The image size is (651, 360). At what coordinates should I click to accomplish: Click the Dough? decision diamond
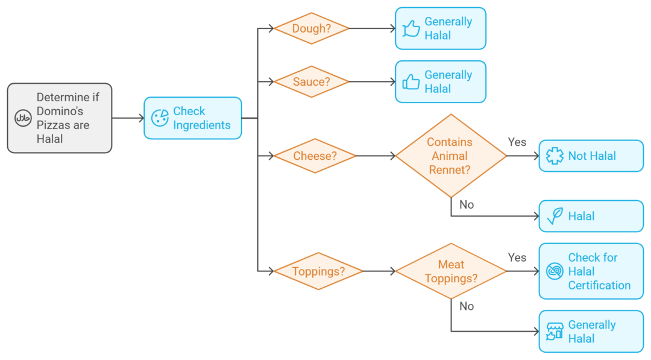coord(312,28)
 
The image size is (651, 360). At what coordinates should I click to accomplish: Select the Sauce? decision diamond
coord(312,82)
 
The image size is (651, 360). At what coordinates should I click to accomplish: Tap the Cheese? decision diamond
coord(315,156)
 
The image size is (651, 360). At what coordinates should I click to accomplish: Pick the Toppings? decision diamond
coord(318,271)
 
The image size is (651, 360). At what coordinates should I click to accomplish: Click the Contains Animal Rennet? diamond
coord(451,156)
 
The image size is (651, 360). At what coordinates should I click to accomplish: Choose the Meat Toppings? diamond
coord(451,271)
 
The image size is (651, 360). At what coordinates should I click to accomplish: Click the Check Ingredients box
coord(193,118)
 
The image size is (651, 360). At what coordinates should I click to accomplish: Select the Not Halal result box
coord(591,156)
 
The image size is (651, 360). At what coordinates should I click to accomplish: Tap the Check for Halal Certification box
coord(591,271)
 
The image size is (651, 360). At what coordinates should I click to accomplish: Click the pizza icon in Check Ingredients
coord(160,118)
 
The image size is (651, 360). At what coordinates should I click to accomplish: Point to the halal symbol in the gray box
coord(23,118)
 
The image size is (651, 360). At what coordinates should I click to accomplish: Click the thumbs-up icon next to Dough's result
coord(411,29)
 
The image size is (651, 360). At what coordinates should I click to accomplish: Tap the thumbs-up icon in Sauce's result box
coord(411,82)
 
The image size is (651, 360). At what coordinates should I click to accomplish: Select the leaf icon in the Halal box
coord(555,216)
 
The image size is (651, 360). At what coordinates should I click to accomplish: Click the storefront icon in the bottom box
coord(555,331)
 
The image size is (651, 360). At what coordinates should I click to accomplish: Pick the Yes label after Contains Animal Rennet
coord(517,142)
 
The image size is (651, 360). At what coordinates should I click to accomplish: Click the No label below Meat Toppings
coord(467,306)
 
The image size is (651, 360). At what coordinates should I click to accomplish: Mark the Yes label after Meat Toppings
coord(517,257)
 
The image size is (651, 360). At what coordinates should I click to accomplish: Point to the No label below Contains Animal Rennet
coord(467,204)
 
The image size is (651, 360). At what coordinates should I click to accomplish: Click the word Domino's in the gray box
coord(60,111)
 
